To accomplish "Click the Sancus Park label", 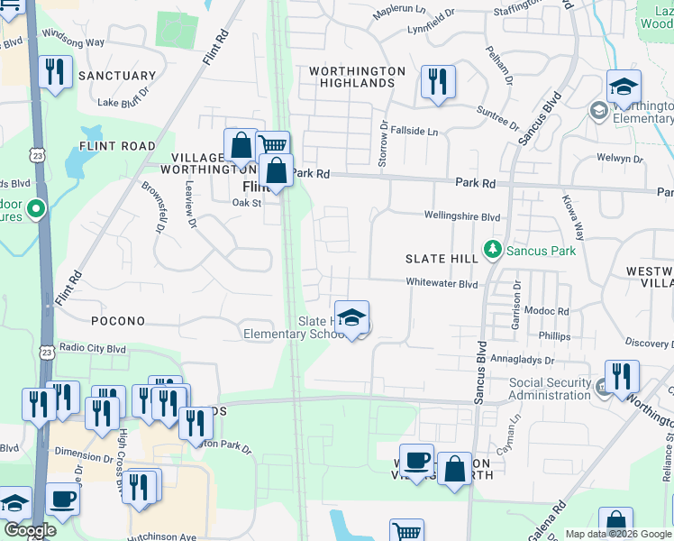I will (x=540, y=251).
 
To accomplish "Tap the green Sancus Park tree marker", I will (x=492, y=248).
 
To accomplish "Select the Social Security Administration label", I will (x=550, y=389).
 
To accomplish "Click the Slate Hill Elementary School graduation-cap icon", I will (x=351, y=318).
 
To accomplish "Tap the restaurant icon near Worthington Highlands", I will (x=437, y=82).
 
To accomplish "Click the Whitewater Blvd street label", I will (x=441, y=283).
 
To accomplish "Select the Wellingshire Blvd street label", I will (x=462, y=216).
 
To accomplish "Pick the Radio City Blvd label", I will (x=92, y=349).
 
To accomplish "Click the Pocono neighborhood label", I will (x=118, y=321).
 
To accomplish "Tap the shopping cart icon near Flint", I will (x=271, y=145).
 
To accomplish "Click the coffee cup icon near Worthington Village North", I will (x=416, y=461).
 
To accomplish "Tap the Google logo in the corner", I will (x=31, y=529).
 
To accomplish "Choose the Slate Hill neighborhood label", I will (x=442, y=259).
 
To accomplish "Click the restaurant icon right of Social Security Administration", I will (x=622, y=376).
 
